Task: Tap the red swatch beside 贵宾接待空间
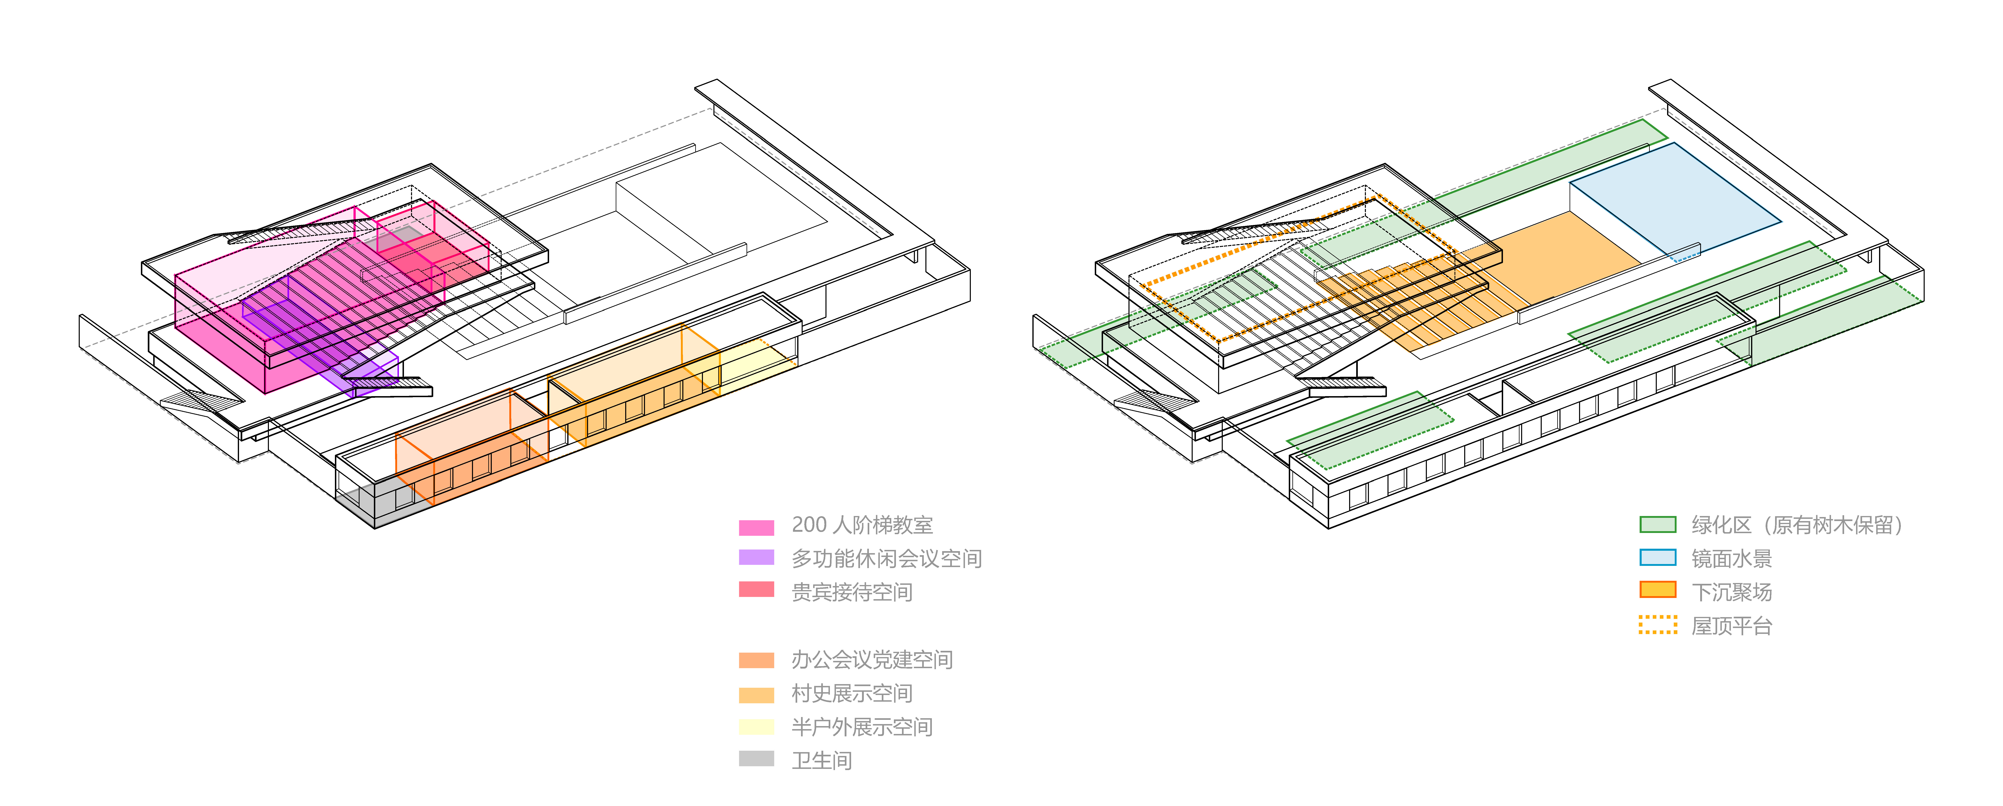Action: [756, 589]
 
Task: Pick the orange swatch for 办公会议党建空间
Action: [756, 660]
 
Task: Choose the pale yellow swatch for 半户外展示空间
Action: [756, 727]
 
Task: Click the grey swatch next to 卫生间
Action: [756, 759]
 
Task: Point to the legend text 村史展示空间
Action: [852, 693]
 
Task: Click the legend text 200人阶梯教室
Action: [862, 525]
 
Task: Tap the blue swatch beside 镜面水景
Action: [1657, 557]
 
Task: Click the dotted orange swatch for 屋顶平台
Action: [1657, 625]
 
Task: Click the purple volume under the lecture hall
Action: [365, 377]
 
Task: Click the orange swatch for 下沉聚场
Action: [1657, 590]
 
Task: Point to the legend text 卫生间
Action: [821, 760]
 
